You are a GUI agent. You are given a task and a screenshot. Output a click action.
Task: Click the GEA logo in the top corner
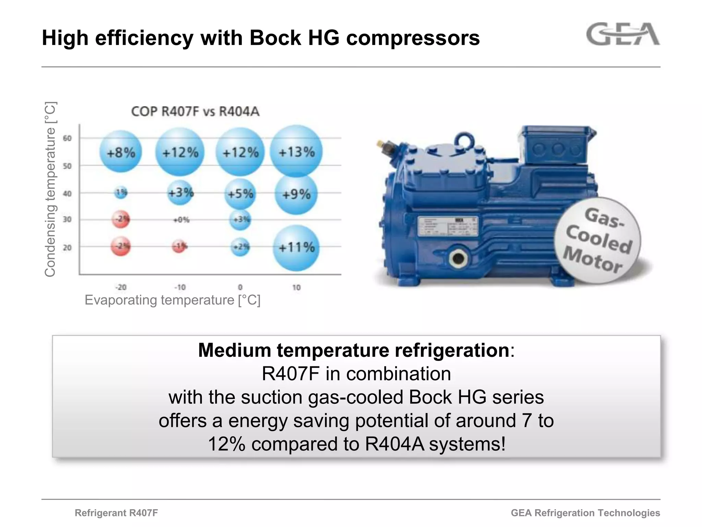pos(623,34)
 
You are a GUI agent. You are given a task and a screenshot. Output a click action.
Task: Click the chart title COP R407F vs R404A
pos(195,112)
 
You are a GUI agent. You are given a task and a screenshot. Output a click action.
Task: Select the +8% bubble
pos(121,152)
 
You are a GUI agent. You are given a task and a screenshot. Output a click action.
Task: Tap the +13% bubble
pos(296,151)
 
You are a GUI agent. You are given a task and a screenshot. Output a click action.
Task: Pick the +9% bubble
pos(296,195)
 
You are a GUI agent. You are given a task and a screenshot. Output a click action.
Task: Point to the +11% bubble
pos(296,247)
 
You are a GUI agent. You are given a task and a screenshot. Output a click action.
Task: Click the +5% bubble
pos(240,194)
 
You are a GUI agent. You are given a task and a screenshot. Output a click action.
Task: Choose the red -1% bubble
pos(179,246)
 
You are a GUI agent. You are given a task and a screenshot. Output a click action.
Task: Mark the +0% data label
pos(181,220)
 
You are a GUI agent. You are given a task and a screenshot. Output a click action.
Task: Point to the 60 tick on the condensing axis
pos(67,138)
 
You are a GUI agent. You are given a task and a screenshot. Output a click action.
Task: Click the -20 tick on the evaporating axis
pos(120,287)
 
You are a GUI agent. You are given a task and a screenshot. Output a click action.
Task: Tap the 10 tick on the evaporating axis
pos(296,288)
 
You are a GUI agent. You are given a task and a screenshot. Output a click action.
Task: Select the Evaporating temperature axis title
pos(172,300)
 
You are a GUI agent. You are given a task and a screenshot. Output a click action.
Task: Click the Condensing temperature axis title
pos(50,189)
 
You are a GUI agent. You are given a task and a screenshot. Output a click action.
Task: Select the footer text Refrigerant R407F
pos(116,513)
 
